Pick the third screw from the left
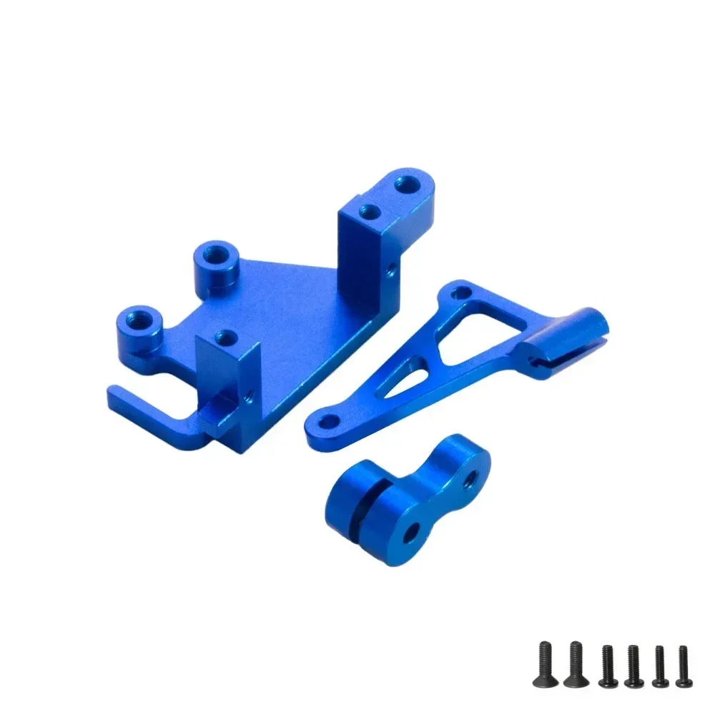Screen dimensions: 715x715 click(x=606, y=666)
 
